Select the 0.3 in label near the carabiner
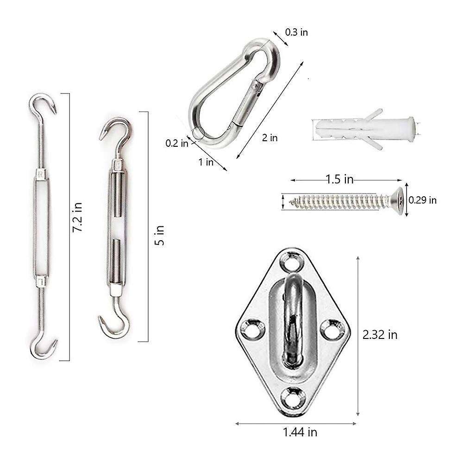click(x=296, y=32)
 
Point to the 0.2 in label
click(x=177, y=143)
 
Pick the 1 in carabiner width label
click(x=206, y=162)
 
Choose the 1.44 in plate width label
click(x=300, y=432)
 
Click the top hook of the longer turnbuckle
click(x=44, y=106)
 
